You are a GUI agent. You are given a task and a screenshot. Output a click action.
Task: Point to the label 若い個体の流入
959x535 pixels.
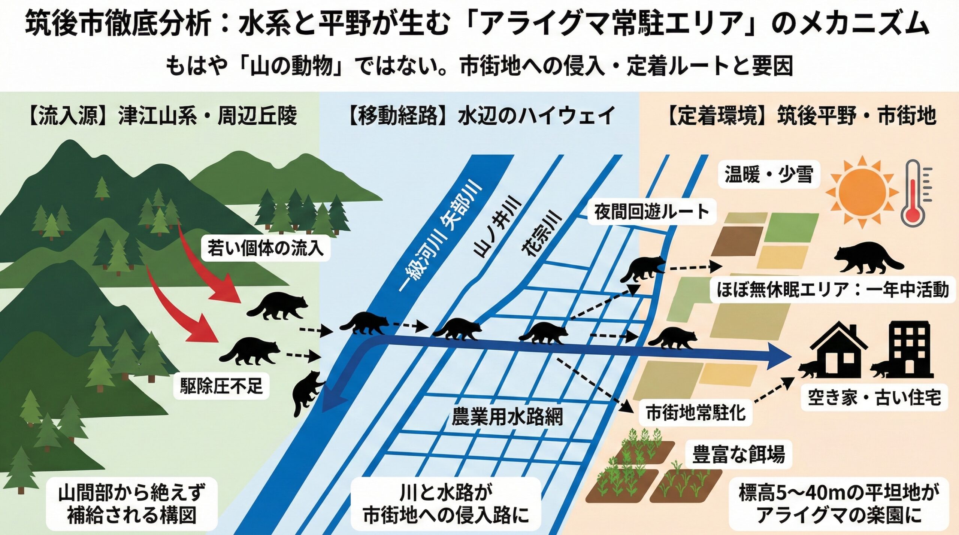(x=265, y=248)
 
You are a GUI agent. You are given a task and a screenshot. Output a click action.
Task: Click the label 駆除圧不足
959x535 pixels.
(x=221, y=386)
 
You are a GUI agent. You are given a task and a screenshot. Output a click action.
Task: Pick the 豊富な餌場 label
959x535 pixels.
(x=738, y=454)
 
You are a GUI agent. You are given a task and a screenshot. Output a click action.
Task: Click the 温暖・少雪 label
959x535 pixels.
(x=769, y=174)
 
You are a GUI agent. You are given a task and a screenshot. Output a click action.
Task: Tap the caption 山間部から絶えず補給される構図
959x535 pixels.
(x=132, y=504)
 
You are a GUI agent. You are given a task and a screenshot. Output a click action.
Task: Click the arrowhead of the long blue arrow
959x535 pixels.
(x=779, y=356)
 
